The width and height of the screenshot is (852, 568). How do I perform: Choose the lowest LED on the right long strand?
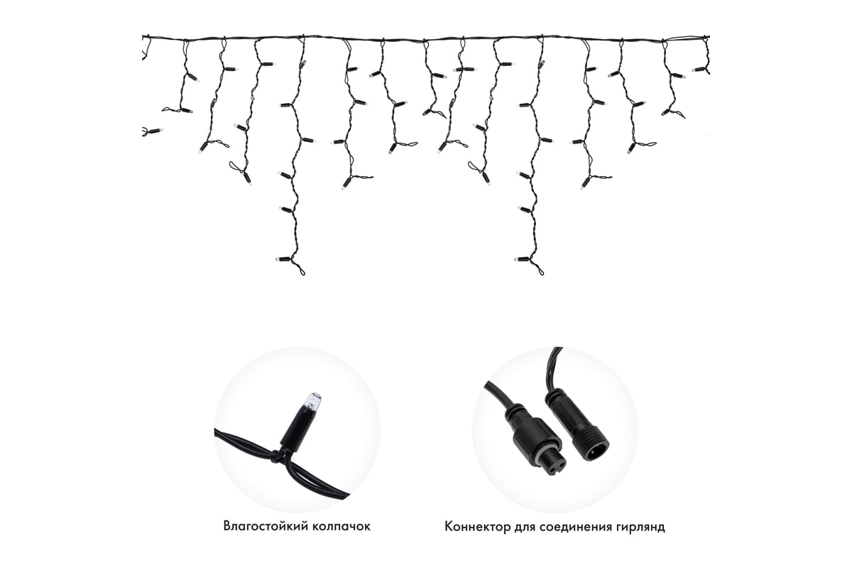522,260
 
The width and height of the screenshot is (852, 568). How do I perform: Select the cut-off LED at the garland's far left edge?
152,131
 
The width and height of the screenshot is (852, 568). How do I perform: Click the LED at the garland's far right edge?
699,70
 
